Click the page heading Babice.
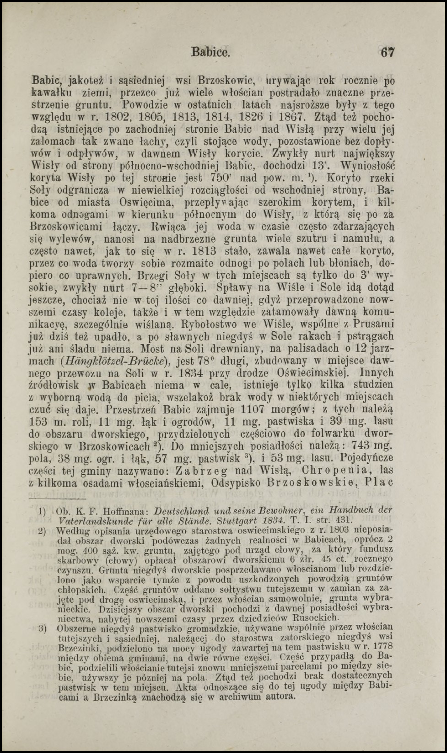[210, 52]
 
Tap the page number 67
[387, 52]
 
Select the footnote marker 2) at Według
[42, 531]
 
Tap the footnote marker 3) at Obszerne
[42, 628]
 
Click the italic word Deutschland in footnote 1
[181, 510]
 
